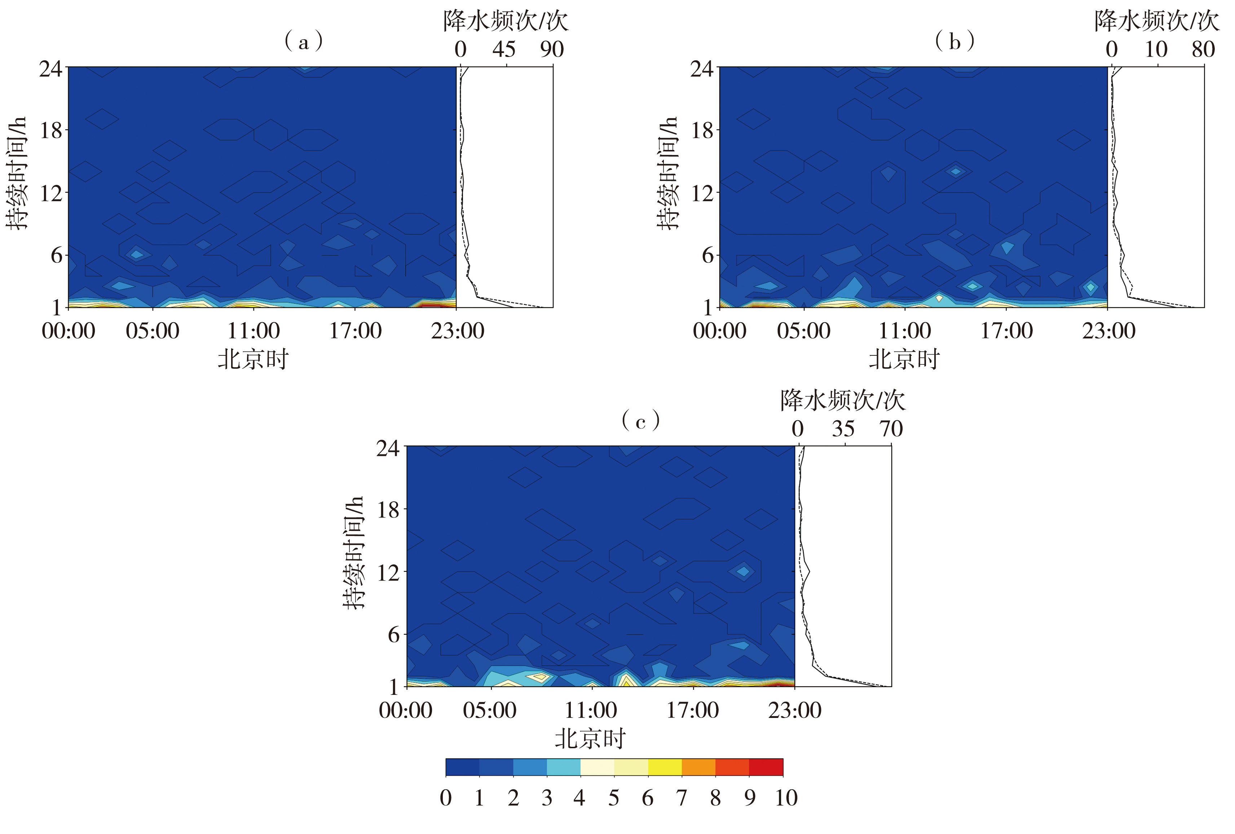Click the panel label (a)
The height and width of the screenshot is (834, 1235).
tap(304, 41)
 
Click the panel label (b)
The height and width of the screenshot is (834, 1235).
tap(954, 41)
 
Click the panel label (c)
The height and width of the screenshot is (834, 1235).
tap(640, 421)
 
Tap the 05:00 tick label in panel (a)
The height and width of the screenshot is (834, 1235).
tap(153, 331)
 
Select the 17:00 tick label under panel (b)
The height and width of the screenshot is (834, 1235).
tap(1006, 331)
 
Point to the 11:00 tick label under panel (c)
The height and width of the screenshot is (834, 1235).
tap(591, 710)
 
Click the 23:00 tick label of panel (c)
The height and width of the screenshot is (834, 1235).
tap(794, 710)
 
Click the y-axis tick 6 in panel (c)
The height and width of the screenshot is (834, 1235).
tap(393, 635)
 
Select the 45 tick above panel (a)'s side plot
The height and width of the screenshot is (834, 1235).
tap(504, 49)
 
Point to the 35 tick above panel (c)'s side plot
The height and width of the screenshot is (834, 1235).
tap(843, 429)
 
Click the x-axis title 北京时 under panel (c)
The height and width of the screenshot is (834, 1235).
tap(590, 739)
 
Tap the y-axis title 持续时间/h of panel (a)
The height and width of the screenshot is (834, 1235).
tap(17, 173)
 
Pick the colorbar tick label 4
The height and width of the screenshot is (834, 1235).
tap(579, 798)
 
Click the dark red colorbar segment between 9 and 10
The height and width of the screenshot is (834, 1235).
tap(766, 767)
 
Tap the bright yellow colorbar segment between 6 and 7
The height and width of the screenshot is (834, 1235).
tap(665, 767)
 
